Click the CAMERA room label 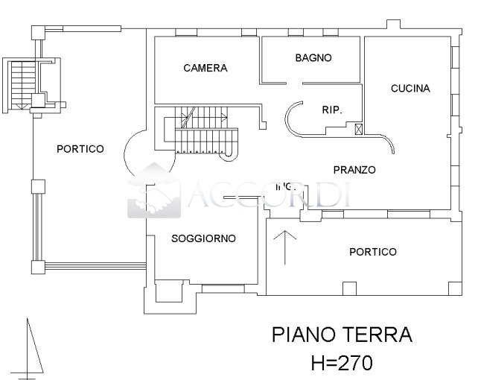205,68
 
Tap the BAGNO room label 313,57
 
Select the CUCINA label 410,88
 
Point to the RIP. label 331,110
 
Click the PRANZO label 354,170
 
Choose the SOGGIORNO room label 203,238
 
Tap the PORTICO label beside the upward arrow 372,252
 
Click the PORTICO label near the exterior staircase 80,149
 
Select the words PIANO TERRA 341,334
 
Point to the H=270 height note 341,363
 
